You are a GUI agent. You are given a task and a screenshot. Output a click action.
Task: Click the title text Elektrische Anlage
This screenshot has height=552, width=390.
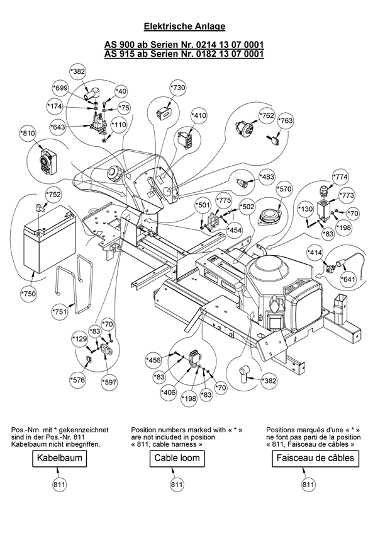point(184,26)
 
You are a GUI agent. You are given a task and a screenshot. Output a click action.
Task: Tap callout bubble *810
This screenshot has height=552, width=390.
point(28,134)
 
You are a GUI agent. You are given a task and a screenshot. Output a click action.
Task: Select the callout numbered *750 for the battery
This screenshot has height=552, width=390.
point(28,294)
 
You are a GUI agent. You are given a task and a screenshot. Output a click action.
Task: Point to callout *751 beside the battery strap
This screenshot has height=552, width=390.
point(60,311)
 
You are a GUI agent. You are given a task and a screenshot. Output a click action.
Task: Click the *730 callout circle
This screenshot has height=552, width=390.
point(178,88)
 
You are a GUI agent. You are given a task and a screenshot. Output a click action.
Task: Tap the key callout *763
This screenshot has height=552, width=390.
point(286,120)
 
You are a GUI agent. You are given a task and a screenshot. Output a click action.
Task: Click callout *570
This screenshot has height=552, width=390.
point(284,188)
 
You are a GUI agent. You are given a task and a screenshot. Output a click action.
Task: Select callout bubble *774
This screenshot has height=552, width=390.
point(341,176)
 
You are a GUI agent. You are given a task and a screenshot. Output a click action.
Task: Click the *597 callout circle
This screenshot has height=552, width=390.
point(110,382)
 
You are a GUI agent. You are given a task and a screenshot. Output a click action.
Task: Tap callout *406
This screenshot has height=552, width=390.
point(169,393)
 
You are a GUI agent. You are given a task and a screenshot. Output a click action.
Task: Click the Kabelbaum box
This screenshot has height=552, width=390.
point(60,458)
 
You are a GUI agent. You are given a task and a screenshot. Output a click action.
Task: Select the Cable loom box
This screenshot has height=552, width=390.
point(177,458)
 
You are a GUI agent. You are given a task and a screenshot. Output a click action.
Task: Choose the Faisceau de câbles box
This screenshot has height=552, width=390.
point(315,458)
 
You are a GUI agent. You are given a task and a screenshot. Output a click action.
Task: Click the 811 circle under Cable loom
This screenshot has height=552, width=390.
point(177,485)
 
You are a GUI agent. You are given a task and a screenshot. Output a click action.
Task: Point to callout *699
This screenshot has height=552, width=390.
point(61,88)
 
